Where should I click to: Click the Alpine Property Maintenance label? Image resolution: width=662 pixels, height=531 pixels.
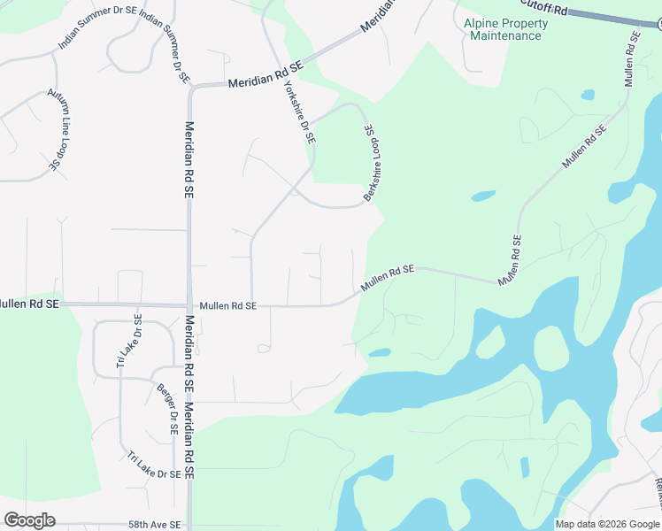click(x=505, y=29)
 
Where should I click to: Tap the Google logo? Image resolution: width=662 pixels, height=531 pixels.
click(x=29, y=520)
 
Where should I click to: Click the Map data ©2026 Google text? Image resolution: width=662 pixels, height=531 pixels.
click(x=607, y=524)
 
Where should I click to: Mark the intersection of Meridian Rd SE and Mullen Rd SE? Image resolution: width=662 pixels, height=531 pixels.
click(x=189, y=306)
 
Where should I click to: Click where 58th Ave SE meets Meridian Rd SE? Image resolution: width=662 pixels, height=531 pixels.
click(x=189, y=524)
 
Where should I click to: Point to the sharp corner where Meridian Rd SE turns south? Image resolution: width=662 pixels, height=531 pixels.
click(x=190, y=87)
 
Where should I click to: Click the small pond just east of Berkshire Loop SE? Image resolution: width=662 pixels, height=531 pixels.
click(x=483, y=196)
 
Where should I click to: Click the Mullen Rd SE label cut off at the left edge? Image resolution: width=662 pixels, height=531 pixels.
click(x=28, y=304)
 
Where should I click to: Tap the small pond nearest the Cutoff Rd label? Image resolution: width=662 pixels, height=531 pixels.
click(x=588, y=94)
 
